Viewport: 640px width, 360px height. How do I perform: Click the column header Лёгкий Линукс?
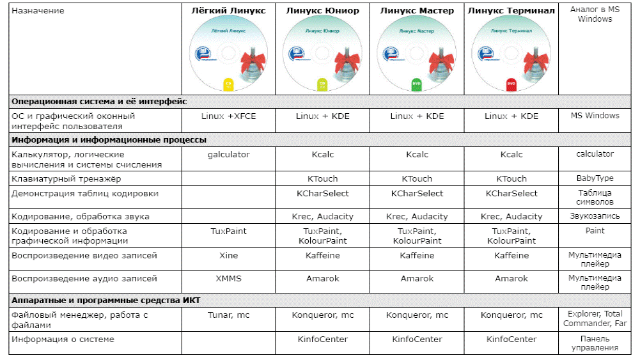click(x=228, y=10)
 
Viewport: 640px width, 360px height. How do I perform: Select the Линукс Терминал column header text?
click(x=511, y=10)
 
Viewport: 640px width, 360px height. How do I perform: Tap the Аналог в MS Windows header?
click(x=595, y=14)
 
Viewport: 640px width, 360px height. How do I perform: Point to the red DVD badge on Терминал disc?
click(x=511, y=84)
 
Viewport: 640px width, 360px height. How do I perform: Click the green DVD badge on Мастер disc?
click(x=417, y=84)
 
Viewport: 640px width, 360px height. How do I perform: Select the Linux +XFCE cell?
click(x=228, y=116)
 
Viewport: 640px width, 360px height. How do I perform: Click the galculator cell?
click(x=228, y=155)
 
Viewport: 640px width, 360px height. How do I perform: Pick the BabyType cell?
click(x=595, y=178)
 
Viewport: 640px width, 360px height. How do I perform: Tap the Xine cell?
click(x=228, y=255)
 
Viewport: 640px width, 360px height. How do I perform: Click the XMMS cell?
click(x=228, y=279)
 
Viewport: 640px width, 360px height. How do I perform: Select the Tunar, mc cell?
click(x=228, y=315)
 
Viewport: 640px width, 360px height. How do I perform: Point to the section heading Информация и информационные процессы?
click(x=109, y=139)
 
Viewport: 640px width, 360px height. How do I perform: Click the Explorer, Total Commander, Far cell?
click(x=595, y=318)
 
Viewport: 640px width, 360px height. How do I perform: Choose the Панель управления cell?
click(x=595, y=343)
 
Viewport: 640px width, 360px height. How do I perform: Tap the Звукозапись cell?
click(x=595, y=216)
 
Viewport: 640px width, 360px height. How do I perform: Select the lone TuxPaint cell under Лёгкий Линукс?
click(x=228, y=231)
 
